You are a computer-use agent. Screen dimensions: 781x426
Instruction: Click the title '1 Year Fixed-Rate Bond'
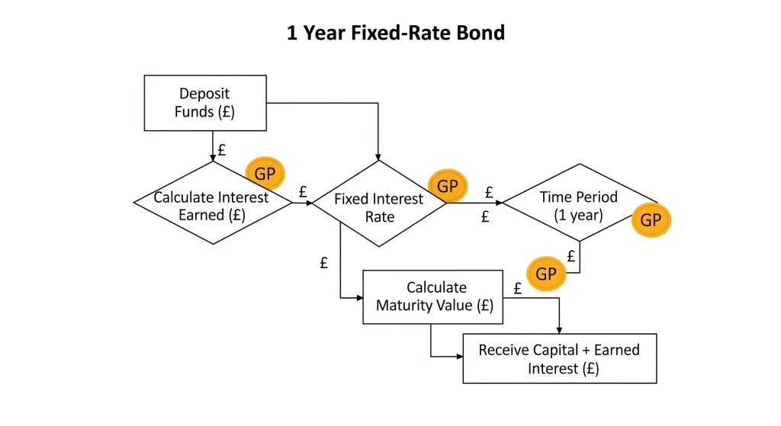click(396, 33)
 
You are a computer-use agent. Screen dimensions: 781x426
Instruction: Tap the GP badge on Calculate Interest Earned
click(265, 174)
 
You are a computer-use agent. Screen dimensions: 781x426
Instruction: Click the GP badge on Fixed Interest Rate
click(448, 186)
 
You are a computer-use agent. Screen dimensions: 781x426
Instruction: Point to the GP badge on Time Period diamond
click(651, 219)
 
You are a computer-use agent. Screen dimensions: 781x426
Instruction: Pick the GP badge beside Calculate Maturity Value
click(546, 274)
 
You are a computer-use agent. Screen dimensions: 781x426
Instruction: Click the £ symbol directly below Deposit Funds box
click(222, 149)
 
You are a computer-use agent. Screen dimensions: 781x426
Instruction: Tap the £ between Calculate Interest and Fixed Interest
click(302, 191)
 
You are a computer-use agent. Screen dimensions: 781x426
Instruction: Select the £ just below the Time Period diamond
click(571, 256)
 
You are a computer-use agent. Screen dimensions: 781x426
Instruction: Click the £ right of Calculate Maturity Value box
click(518, 288)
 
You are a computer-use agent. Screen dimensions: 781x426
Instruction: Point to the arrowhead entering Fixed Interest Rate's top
click(378, 156)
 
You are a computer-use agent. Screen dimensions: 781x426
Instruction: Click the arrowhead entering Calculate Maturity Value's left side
click(360, 298)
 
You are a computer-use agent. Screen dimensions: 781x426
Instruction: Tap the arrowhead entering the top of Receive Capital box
click(559, 330)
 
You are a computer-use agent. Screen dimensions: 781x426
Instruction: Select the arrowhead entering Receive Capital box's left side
click(460, 357)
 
